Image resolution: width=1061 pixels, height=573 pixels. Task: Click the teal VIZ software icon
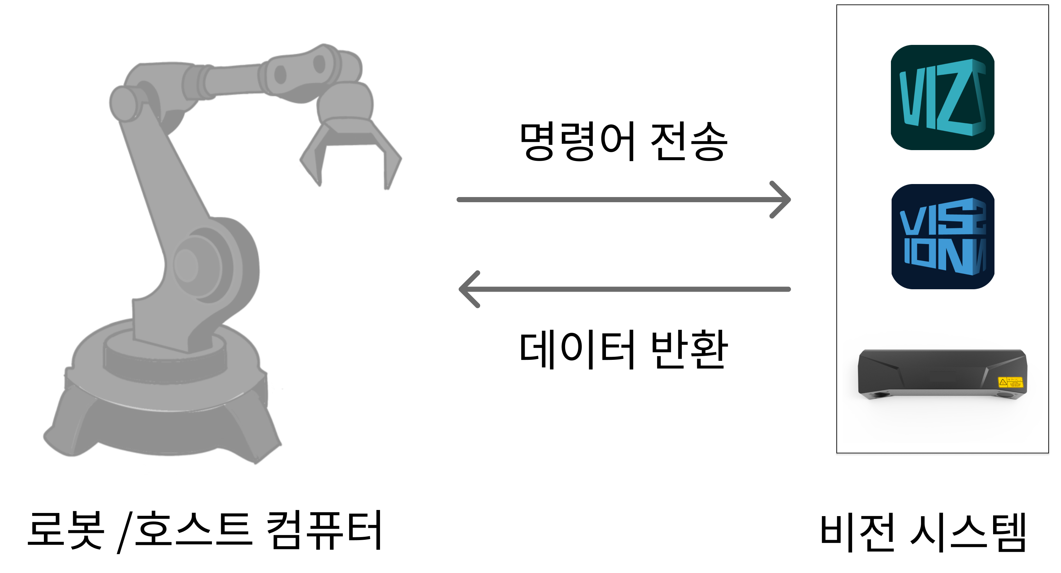(x=942, y=97)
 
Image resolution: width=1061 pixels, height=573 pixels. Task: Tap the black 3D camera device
(x=942, y=375)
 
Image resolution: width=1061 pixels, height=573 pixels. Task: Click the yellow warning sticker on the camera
(x=1010, y=382)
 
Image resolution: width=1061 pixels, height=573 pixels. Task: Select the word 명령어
(x=577, y=141)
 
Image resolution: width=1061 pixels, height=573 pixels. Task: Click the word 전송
(x=689, y=141)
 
